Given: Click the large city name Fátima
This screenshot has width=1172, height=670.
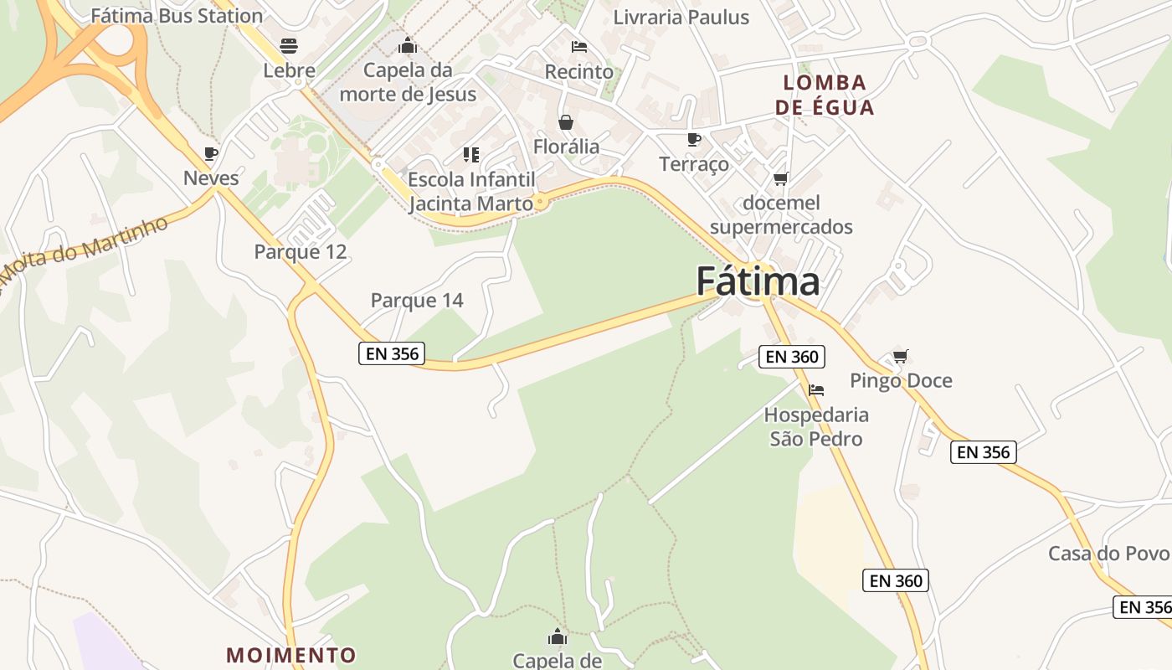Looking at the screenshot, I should point(758,281).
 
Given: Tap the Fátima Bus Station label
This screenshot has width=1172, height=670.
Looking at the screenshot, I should point(177,15).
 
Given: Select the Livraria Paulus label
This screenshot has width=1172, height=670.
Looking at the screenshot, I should point(681,17).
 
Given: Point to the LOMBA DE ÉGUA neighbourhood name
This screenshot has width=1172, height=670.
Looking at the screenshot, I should point(825,95).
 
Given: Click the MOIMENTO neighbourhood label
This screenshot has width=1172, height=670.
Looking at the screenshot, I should point(291,654).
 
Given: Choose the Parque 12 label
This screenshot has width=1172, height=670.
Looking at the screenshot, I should point(301,251).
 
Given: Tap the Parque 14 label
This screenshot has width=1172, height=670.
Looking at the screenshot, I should point(417,300).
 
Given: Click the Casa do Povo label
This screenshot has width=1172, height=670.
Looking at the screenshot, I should point(1108,554).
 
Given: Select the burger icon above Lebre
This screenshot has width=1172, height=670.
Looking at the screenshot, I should point(289,45).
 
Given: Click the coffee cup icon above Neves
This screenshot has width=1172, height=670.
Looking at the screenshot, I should point(211,153).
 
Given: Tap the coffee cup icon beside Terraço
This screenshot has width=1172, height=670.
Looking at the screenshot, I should point(693,139).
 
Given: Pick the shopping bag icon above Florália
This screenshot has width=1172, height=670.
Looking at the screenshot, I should point(566,123).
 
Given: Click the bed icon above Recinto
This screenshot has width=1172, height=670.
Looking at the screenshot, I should point(578,47).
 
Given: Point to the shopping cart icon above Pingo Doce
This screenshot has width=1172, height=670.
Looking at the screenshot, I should point(901,357).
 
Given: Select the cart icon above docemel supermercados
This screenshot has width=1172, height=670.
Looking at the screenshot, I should point(781,178).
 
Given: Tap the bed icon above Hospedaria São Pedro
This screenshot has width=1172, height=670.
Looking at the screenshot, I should point(816,390).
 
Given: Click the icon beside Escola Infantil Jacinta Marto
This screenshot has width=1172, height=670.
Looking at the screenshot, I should point(471,155).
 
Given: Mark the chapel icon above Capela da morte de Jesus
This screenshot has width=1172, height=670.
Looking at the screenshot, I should point(408,45).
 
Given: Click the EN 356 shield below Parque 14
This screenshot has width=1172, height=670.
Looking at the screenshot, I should point(392,353).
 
